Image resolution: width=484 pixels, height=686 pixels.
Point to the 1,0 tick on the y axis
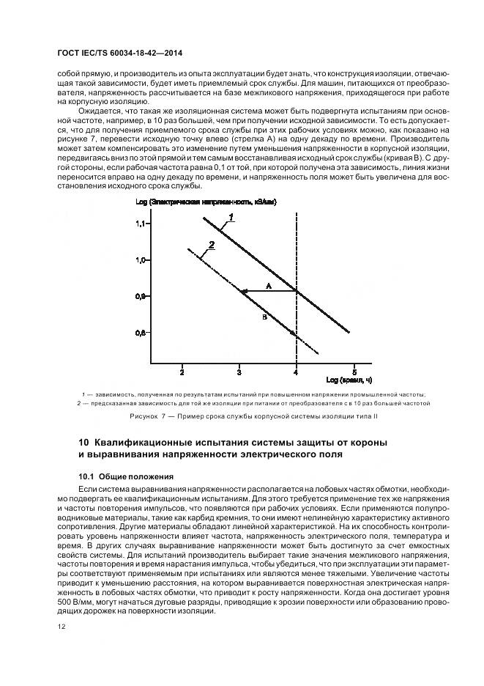pyautogui.click(x=141, y=260)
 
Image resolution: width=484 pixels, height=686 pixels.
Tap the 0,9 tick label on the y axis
pyautogui.click(x=141, y=296)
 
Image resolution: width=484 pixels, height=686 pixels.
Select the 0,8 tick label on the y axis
pyautogui.click(x=141, y=333)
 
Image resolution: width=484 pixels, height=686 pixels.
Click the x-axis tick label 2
pyautogui.click(x=182, y=372)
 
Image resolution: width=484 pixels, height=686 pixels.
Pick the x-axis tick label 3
pyautogui.click(x=239, y=372)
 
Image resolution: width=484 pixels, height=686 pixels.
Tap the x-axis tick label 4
pyautogui.click(x=296, y=372)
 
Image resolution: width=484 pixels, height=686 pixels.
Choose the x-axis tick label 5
pyautogui.click(x=354, y=372)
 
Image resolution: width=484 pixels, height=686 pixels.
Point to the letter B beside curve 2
pyautogui.click(x=264, y=317)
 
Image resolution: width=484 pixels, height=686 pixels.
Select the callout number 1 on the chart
pyautogui.click(x=231, y=217)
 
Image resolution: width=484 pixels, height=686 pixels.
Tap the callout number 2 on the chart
pyautogui.click(x=211, y=245)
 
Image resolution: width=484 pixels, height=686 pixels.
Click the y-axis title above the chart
pyautogui.click(x=206, y=201)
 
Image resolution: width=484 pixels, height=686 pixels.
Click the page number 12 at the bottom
pyautogui.click(x=59, y=626)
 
